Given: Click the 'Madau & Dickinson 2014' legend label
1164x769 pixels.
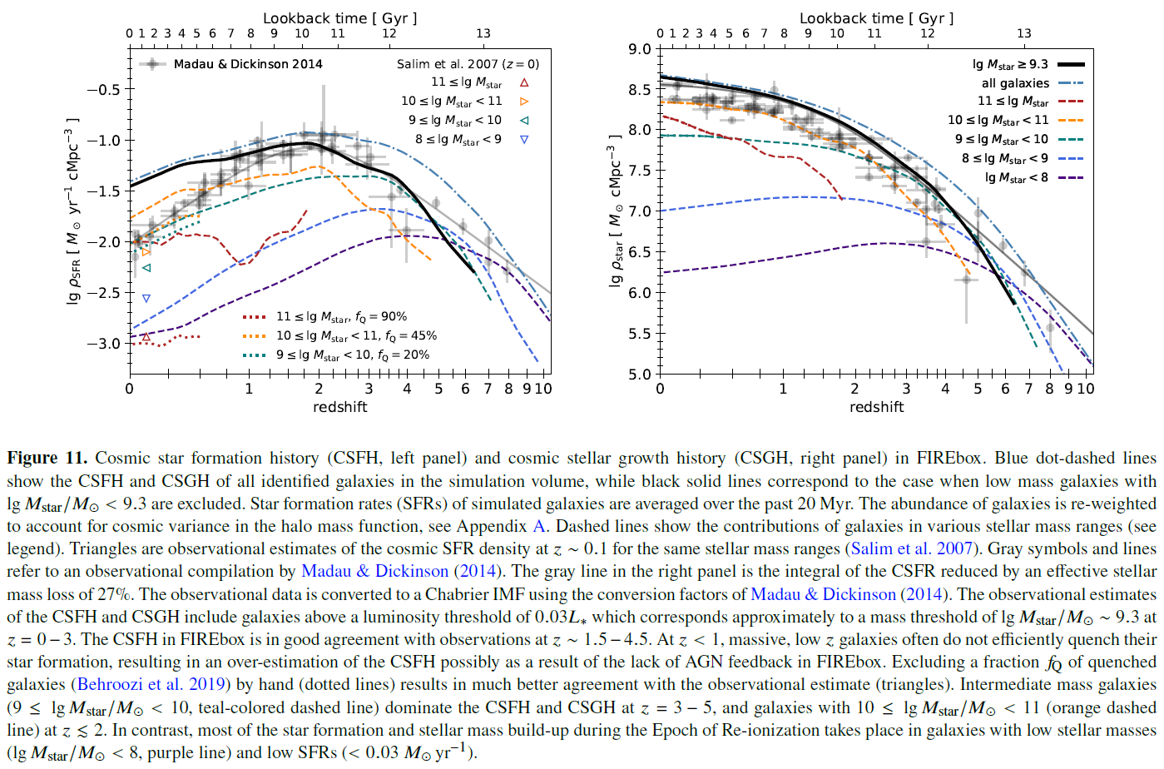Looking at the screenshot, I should (x=248, y=64).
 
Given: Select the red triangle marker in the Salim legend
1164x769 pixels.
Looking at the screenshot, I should (x=524, y=82).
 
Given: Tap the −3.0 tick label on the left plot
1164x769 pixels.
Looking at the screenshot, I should (x=104, y=343).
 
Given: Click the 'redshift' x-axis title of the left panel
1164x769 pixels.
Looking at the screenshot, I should (x=339, y=407).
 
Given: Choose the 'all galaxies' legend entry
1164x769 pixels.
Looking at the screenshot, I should (x=1015, y=83).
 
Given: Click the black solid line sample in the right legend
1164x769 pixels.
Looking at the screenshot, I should (x=1071, y=64).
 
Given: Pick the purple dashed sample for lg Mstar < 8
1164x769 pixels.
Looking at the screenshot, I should (x=1071, y=178).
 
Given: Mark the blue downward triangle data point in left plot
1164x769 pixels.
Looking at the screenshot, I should (x=146, y=298).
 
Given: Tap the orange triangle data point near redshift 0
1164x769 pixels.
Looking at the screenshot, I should (x=146, y=252).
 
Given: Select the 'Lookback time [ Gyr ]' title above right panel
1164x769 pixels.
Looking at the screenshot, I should (x=876, y=18).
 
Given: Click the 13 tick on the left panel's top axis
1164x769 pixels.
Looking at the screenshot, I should (x=483, y=34).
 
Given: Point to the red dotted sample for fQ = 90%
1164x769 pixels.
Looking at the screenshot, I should (x=255, y=317).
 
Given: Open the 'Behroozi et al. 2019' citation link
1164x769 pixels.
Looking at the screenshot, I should (x=151, y=684).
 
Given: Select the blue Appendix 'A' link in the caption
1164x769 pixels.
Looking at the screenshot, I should (x=538, y=526).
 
